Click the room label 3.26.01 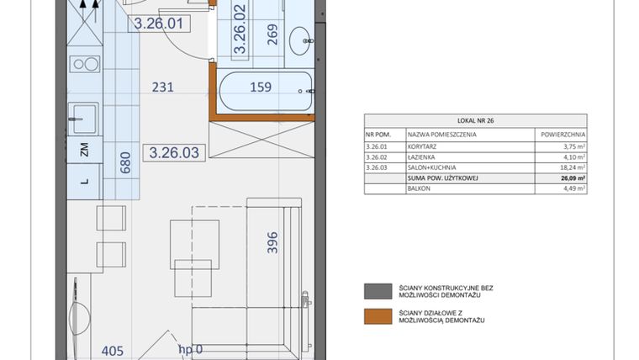(x=158, y=24)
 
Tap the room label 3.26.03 (x=174, y=152)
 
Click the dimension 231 (x=163, y=86)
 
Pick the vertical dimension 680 (x=126, y=161)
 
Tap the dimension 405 (x=114, y=351)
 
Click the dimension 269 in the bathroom (x=272, y=34)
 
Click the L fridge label (x=84, y=181)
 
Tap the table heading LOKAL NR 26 (x=475, y=121)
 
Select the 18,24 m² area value (x=572, y=167)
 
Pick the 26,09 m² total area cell (x=571, y=178)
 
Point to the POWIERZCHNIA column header (x=561, y=134)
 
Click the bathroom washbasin (x=301, y=37)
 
